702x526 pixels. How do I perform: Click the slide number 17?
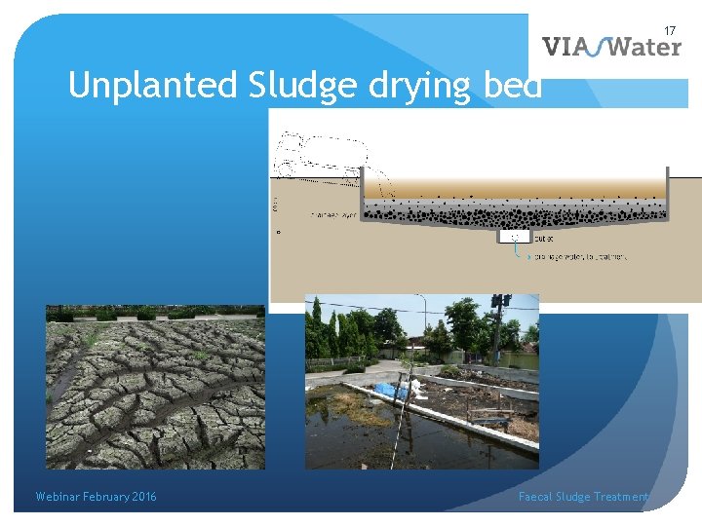click(x=670, y=30)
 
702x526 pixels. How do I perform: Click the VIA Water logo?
click(x=611, y=46)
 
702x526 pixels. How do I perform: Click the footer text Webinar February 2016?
click(x=96, y=497)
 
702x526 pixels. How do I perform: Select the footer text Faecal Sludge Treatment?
click(x=583, y=497)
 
